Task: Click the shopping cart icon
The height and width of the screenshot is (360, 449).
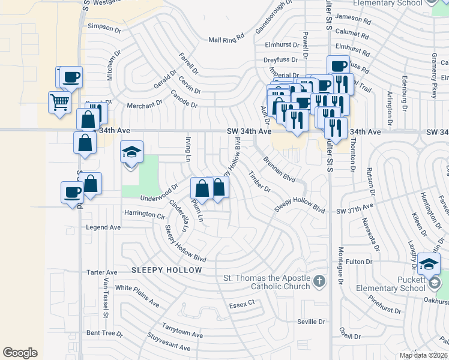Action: point(59,102)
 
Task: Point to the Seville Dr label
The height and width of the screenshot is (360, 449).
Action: point(311,322)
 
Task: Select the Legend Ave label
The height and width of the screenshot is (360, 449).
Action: point(103,227)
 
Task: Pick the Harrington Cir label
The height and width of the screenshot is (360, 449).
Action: point(144,213)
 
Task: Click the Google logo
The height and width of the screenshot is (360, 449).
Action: point(20,353)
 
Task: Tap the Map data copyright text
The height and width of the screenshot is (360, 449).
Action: point(423,355)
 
